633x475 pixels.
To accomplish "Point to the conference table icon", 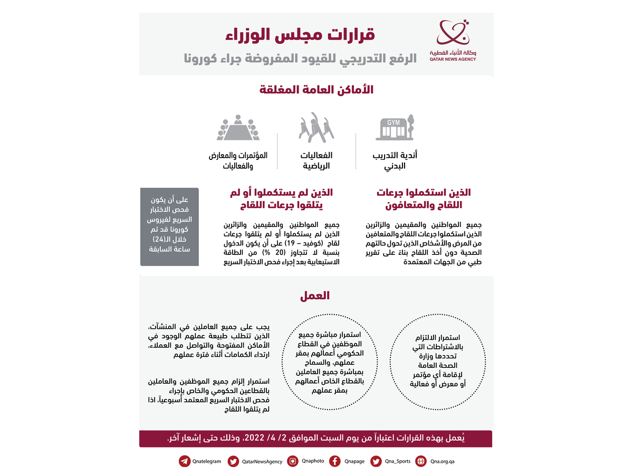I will [x=239, y=128].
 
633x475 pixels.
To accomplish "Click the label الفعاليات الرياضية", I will [x=316, y=160].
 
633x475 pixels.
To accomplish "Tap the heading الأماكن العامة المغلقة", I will [x=316, y=89].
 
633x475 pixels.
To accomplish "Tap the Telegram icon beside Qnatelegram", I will [x=185, y=461].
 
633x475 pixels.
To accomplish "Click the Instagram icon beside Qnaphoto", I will [x=293, y=461].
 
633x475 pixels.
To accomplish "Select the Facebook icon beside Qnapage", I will [x=334, y=461].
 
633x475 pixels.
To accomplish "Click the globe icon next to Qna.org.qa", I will [x=421, y=461].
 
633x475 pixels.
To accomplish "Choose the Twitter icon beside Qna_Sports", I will [x=376, y=461].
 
